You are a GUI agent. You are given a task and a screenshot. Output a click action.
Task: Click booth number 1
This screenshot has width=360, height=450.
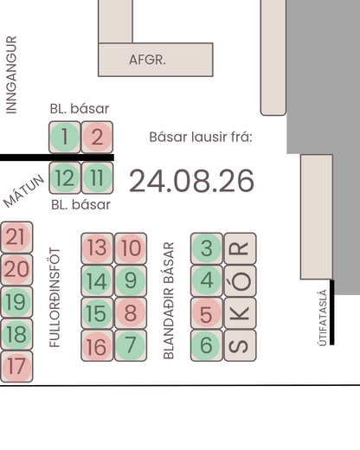[x=65, y=137]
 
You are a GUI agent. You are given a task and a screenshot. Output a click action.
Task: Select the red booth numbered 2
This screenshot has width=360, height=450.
[x=97, y=137]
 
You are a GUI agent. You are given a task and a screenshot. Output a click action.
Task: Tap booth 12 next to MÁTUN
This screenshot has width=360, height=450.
[x=65, y=177]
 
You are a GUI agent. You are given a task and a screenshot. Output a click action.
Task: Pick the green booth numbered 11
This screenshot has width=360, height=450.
[x=97, y=177]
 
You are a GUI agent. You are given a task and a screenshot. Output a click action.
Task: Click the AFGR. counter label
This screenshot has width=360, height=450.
[x=147, y=60]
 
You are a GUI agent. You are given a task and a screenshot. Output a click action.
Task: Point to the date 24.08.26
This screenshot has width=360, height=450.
[x=191, y=181]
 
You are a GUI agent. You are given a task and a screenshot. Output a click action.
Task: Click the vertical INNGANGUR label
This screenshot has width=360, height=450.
[x=11, y=74]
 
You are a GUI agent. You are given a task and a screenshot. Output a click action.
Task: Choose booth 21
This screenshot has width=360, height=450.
[x=16, y=237]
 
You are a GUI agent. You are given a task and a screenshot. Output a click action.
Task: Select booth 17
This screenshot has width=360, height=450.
[x=16, y=367]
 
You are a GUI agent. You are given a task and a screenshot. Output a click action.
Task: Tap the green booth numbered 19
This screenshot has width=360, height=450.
[x=16, y=302]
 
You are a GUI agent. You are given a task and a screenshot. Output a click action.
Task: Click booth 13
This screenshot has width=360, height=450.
[x=97, y=248]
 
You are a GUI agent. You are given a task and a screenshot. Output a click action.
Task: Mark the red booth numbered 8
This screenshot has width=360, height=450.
[x=131, y=313]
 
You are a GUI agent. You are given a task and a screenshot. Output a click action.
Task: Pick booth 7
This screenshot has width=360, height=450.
[x=131, y=345]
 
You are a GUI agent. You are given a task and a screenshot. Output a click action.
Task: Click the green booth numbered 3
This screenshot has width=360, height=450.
[x=207, y=248]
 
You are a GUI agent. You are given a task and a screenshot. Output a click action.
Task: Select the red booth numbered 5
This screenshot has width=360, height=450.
[x=207, y=313]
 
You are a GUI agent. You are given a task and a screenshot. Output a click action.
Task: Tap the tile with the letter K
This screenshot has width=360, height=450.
[x=240, y=313]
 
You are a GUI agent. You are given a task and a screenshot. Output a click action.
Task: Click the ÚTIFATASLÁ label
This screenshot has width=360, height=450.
[x=323, y=318]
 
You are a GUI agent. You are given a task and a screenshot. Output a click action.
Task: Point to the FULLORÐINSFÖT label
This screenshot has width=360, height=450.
[x=55, y=298]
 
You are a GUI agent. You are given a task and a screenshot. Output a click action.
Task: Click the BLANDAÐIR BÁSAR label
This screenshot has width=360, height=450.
[x=169, y=300]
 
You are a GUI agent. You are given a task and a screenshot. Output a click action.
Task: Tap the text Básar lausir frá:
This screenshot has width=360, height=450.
[x=201, y=137]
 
